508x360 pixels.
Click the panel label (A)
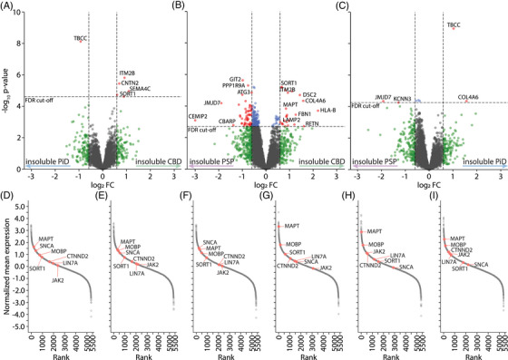tap(9, 5)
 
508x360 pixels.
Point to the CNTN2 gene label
tap(130, 82)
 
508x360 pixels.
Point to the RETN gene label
tap(311, 123)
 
